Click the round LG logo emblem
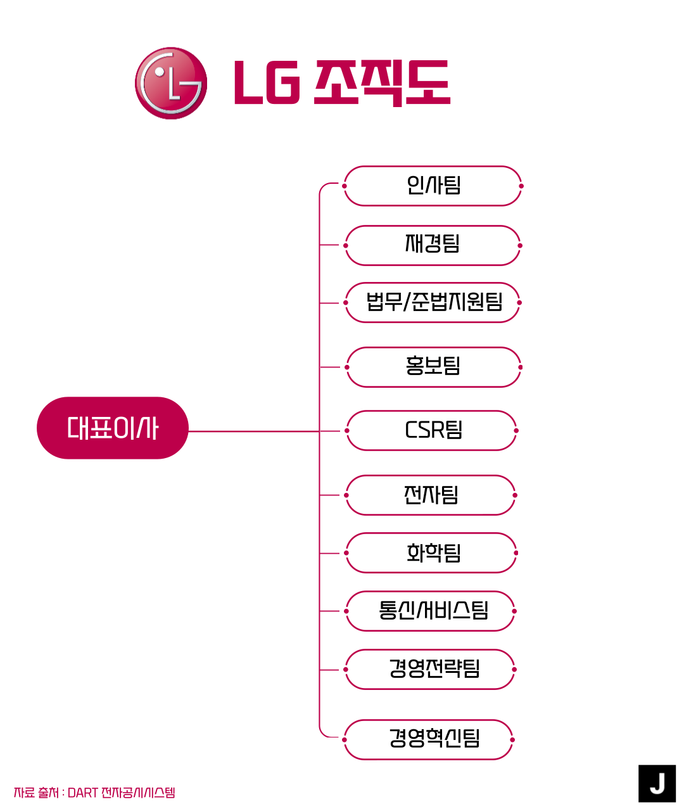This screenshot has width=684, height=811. pos(171,83)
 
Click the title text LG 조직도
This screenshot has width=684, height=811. pos(342,83)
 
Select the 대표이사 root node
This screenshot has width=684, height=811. pos(113,428)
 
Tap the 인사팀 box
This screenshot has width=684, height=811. pos(433,186)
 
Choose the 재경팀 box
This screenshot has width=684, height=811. pos(433,245)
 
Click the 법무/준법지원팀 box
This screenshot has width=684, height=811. pos(433,303)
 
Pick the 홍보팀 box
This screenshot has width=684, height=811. pos(433,367)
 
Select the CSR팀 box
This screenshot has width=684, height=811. pos(433,431)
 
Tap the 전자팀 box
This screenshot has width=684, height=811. pos(431,495)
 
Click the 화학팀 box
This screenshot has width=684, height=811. pos(433,553)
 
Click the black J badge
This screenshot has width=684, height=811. pos(657,784)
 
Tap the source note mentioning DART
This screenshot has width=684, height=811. pos(94,793)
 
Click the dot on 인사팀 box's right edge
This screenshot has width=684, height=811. pos(521,186)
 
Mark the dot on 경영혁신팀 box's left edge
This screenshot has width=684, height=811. pos(345,739)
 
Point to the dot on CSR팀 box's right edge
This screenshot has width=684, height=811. pos(516,431)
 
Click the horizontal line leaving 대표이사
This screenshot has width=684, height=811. pos(253,431)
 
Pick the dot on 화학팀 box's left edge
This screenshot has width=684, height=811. pos(346,553)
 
